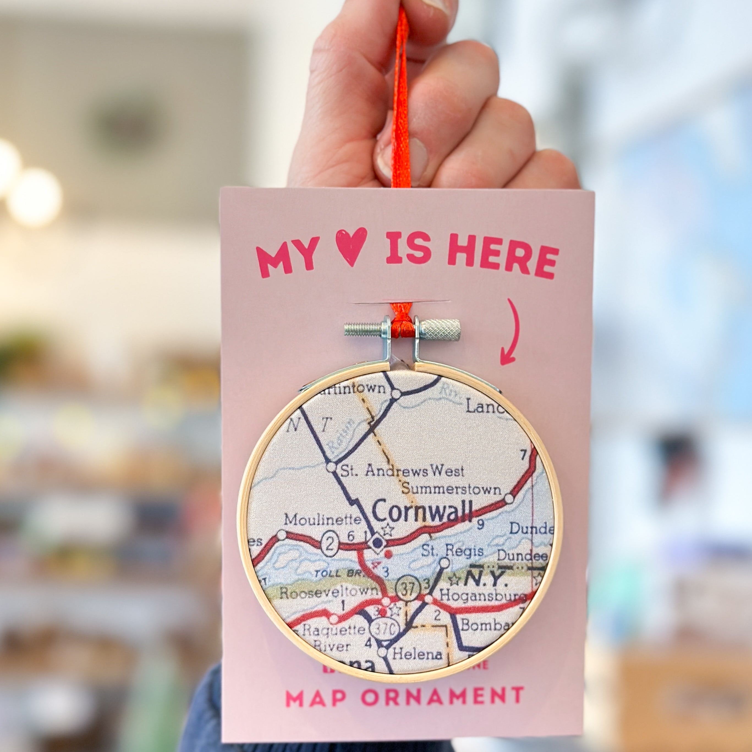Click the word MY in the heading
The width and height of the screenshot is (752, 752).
tap(287, 257)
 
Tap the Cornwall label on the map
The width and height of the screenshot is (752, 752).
tap(422, 511)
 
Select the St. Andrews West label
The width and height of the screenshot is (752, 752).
tap(402, 471)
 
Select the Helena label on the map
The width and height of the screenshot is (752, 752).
tap(417, 654)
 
